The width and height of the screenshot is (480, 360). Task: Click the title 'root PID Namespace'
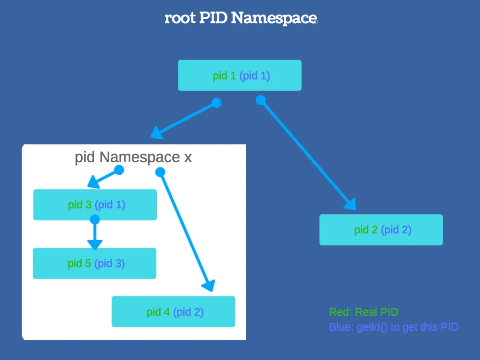pos(240,18)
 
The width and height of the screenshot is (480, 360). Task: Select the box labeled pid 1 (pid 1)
pos(240,76)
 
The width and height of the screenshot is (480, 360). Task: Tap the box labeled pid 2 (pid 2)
pos(381,230)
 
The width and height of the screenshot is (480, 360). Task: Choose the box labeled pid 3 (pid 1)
pos(95,205)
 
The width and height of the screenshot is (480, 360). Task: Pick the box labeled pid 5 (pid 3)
pos(94,263)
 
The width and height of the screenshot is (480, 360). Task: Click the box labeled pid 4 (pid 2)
pos(173,312)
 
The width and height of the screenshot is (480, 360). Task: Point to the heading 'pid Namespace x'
pos(133,157)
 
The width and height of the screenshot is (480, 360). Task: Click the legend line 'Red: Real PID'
pos(364,312)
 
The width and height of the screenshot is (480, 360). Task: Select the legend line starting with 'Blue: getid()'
pos(394,327)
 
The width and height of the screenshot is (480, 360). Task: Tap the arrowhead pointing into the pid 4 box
pos(208,286)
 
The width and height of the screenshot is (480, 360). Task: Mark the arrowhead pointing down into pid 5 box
pos(95,244)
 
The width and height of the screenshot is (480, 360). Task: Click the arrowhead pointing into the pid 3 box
pos(93,183)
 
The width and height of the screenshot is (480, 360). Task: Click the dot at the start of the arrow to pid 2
pos(261,100)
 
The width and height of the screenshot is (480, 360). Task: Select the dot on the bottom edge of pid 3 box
pos(95,219)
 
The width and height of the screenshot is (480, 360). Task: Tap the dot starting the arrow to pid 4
pos(160,172)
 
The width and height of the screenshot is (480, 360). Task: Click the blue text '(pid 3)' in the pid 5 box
pos(110,263)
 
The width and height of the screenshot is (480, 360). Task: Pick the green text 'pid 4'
pos(158,312)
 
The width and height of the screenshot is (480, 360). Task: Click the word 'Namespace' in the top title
pos(274,18)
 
